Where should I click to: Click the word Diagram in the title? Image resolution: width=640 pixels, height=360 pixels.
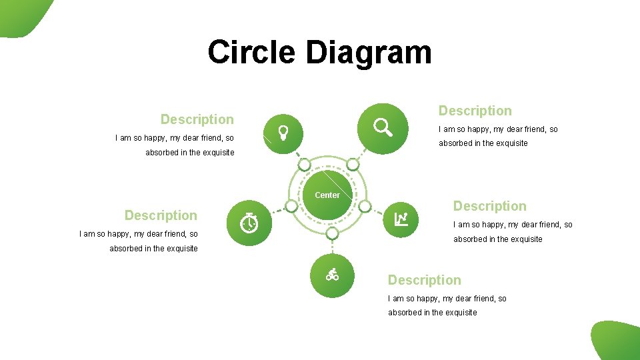coord(369,52)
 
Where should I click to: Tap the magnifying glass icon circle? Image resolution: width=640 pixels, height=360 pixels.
coord(382,127)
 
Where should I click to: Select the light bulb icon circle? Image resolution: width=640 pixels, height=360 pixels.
coord(283,133)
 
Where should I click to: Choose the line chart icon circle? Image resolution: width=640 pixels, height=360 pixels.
coord(402,218)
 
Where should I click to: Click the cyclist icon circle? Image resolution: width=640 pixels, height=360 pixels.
coord(333,275)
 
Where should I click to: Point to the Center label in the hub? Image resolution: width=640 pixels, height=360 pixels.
coord(327,195)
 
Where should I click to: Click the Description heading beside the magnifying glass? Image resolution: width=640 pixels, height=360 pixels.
coord(475,111)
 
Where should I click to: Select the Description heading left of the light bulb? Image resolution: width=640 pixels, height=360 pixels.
coord(197,119)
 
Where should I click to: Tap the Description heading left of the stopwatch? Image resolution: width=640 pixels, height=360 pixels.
coord(161,215)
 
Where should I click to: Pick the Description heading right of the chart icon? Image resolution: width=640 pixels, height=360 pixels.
coord(490,206)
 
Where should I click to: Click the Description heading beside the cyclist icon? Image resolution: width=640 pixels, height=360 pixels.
coord(425,280)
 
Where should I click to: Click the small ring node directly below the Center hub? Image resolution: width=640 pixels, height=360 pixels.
coord(333,233)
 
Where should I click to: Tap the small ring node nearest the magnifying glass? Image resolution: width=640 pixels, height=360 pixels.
coord(353,164)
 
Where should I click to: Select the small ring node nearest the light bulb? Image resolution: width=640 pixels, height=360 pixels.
coord(304,165)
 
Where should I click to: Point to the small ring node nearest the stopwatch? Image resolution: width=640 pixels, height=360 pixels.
coord(291,206)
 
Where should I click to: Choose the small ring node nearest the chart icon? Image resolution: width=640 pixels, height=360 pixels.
coord(365,205)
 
